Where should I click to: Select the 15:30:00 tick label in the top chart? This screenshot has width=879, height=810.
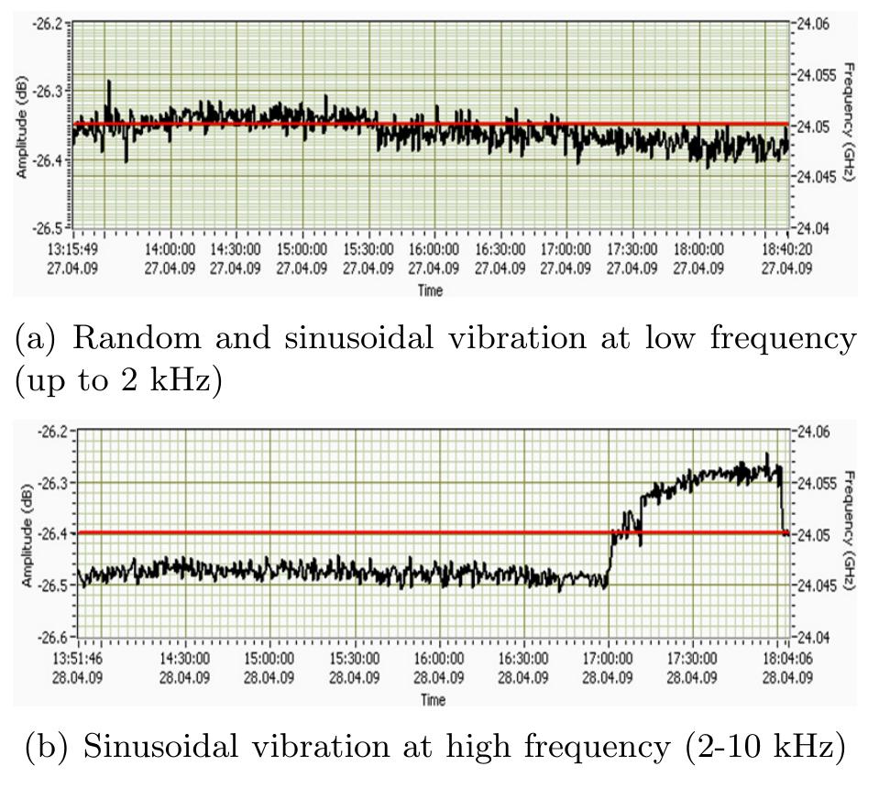[368, 255]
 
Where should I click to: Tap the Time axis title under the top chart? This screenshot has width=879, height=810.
[430, 290]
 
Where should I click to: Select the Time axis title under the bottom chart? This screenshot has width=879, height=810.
[433, 700]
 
